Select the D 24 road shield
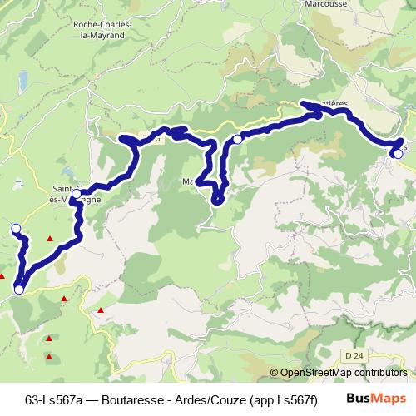tap(354, 356)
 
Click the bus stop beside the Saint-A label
tap(77, 195)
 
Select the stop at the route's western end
tap(15, 228)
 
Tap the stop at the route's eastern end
tap(398, 152)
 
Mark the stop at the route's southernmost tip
tap(18, 290)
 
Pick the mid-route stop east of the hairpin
tap(238, 139)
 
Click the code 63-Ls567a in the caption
tap(55, 399)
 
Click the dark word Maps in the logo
tap(389, 399)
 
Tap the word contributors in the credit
tap(379, 374)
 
